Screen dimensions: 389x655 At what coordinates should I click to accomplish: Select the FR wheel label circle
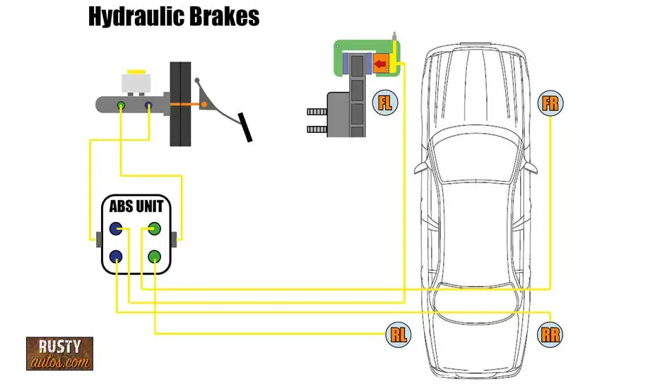[550, 104]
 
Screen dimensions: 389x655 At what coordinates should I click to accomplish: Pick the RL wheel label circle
[399, 335]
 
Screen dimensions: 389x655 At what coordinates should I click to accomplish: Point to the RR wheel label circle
[550, 335]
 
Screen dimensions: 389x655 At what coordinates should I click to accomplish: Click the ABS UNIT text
[136, 207]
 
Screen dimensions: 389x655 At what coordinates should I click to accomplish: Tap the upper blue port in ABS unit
[117, 229]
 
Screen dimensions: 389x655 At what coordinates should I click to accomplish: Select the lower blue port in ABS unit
[117, 257]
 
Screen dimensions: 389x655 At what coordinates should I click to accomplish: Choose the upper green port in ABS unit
[155, 229]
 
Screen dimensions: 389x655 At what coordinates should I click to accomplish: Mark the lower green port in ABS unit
[155, 257]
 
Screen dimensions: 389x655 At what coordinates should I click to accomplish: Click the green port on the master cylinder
[122, 106]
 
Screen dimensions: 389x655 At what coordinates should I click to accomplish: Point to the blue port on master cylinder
[149, 106]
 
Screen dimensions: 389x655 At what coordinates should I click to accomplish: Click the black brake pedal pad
[245, 127]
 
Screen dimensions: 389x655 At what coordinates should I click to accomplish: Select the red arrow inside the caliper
[381, 65]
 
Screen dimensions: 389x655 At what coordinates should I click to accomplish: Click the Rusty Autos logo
[60, 354]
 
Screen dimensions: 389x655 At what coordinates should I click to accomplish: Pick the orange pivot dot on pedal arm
[204, 105]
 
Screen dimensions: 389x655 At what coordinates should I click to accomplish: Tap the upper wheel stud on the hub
[316, 112]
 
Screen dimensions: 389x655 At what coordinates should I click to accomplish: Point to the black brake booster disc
[180, 104]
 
